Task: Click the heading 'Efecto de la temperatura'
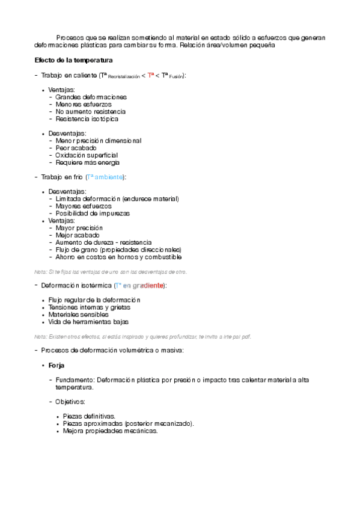73,60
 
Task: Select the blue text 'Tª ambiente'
105,177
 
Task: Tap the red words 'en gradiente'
143,285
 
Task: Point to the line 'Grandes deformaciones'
91,97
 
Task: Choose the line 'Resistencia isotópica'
87,118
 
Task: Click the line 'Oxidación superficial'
87,155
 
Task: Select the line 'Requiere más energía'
87,162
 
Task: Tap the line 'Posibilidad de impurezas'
93,213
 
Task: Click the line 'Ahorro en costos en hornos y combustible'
118,257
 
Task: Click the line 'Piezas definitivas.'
89,416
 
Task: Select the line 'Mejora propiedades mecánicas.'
110,430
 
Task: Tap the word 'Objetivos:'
70,401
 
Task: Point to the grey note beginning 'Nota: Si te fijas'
111,272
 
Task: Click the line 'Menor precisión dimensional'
98,140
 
